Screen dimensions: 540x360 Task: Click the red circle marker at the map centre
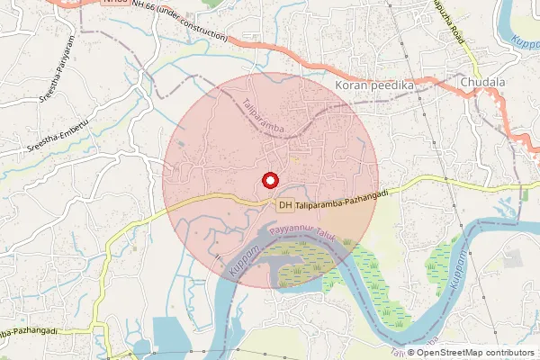click(269, 179)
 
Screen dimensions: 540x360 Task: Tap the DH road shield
click(285, 205)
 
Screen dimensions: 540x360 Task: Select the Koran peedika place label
click(373, 85)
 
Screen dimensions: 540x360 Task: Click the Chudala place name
click(483, 85)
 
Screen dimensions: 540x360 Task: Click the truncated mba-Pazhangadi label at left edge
click(29, 332)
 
